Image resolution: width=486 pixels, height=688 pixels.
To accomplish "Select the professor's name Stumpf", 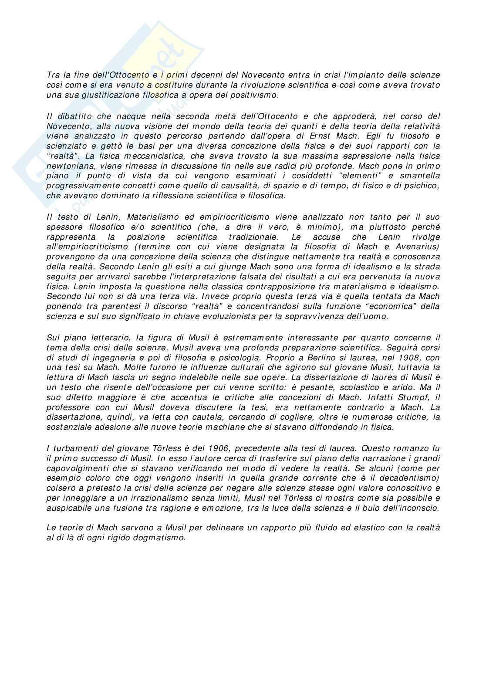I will tap(406, 397).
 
